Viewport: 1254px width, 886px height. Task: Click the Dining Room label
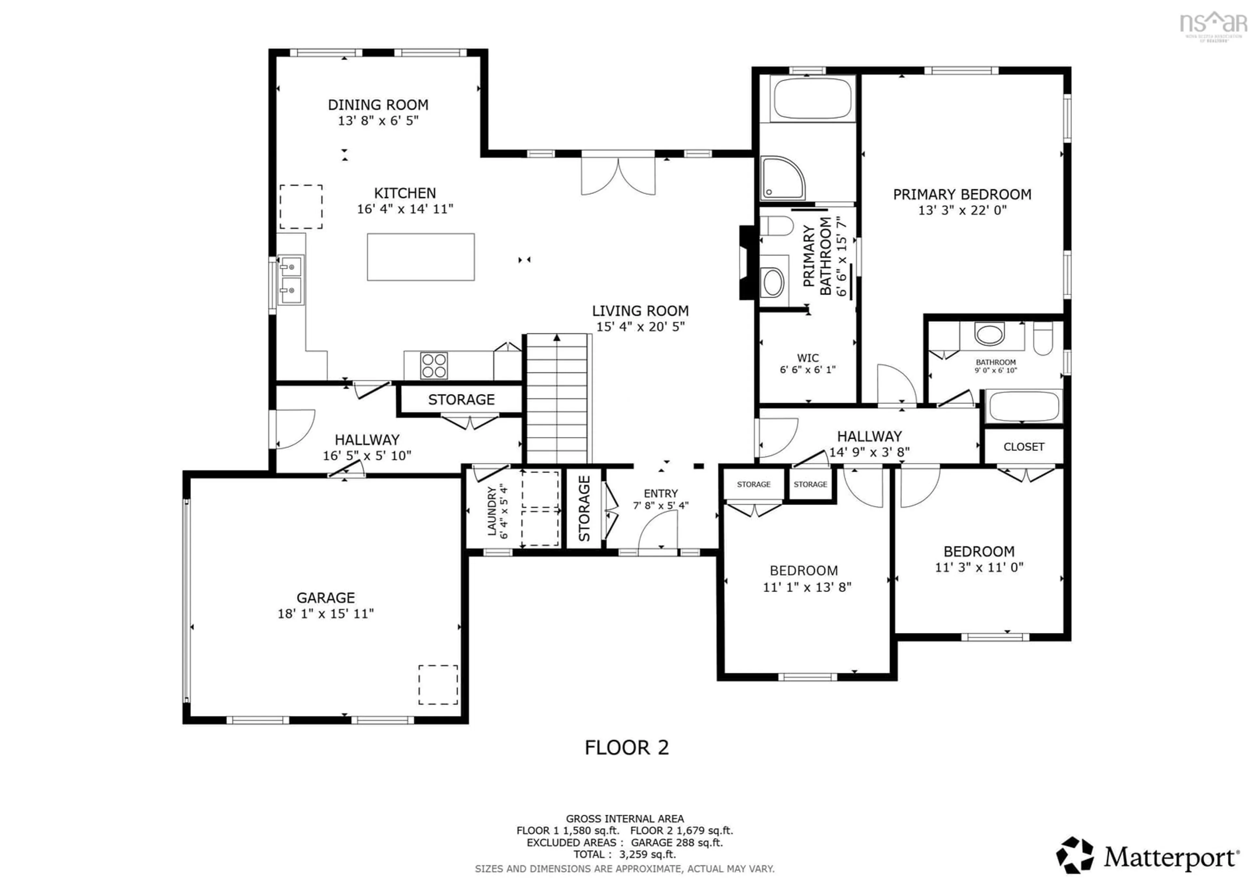point(378,105)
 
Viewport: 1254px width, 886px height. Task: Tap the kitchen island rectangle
point(421,257)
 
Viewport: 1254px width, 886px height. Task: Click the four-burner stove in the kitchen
point(434,365)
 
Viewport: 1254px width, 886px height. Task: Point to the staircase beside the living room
point(557,399)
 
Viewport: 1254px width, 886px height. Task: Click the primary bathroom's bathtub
point(813,98)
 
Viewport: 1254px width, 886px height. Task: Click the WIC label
point(808,358)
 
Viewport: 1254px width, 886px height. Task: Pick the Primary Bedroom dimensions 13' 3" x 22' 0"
point(962,210)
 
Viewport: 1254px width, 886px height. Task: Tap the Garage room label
point(326,598)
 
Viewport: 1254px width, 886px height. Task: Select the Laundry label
point(491,511)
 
